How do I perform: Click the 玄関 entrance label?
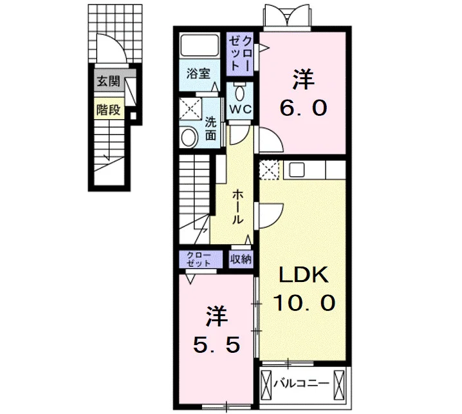coord(109,81)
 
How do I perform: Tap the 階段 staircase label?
coord(109,110)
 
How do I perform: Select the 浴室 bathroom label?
coord(198,73)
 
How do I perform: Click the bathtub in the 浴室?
coord(199,46)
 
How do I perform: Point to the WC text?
coord(241,109)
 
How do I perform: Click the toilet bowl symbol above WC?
coord(239,93)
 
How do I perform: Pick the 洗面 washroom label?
coord(210,129)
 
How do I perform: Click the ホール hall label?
coord(238,207)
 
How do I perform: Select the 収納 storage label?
coord(241,259)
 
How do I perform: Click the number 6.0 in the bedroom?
coord(303,108)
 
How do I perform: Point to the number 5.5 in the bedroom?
coord(217,345)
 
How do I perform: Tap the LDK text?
coord(304,275)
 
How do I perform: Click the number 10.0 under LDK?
coord(304,303)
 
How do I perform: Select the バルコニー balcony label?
coord(301,384)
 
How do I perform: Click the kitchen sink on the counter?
coord(297,170)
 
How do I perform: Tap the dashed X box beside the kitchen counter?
coord(269,170)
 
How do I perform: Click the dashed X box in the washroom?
coord(190,109)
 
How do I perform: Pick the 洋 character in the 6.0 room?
coord(304,79)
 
